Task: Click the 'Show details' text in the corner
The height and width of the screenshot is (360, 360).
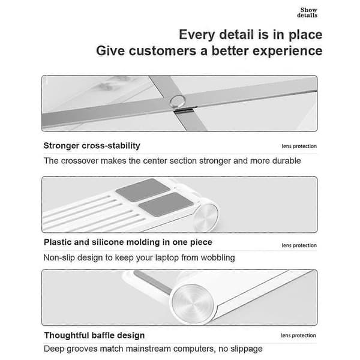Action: (x=307, y=13)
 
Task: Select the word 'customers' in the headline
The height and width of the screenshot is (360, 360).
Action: (x=163, y=51)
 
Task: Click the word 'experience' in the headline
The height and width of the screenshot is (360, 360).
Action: (x=287, y=52)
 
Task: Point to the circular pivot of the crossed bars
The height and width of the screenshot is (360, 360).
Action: (x=178, y=101)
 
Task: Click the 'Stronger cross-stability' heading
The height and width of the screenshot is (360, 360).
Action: (x=92, y=146)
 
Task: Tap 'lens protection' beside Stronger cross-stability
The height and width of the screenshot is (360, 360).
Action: (x=299, y=146)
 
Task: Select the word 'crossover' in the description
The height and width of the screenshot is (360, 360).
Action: (x=80, y=161)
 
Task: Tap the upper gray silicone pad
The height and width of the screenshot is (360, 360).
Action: (x=143, y=190)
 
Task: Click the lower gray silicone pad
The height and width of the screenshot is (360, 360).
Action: (x=166, y=204)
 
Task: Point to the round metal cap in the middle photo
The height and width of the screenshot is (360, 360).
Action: (x=206, y=217)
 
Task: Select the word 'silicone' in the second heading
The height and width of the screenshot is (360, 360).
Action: (x=108, y=242)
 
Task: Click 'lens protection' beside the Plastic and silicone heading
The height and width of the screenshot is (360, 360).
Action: (x=299, y=245)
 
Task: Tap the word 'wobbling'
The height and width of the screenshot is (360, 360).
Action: (x=218, y=258)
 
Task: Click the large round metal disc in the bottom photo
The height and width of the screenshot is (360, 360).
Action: (x=193, y=303)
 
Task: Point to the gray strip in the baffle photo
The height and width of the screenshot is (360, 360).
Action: (x=154, y=282)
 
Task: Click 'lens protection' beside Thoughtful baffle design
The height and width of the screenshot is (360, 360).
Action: (x=298, y=335)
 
